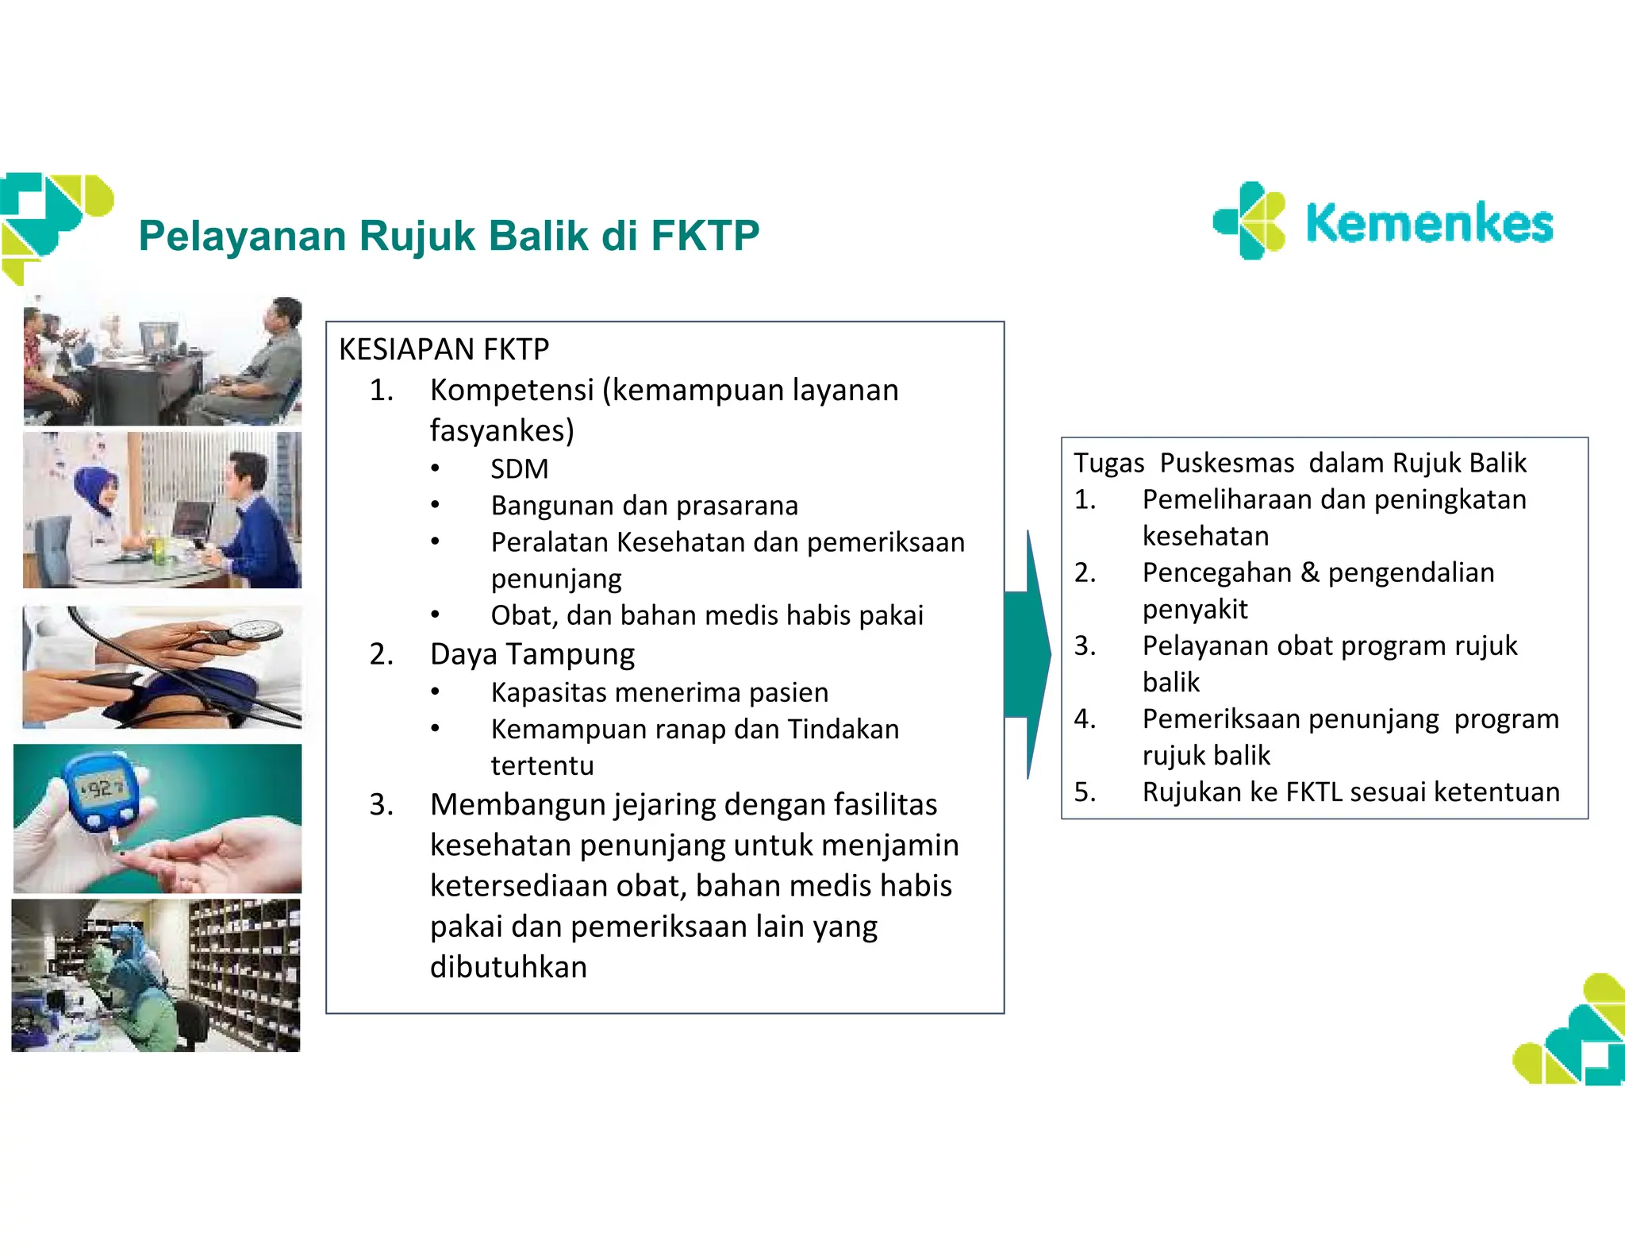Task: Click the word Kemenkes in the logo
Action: [x=1428, y=224]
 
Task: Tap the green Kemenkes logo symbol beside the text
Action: [x=1250, y=221]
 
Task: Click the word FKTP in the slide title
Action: [x=705, y=236]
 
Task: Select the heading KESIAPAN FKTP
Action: [x=444, y=349]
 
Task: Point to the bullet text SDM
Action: [x=519, y=468]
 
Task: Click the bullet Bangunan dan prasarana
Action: [x=644, y=505]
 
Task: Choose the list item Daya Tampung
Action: [x=532, y=654]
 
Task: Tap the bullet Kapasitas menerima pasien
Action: [x=659, y=692]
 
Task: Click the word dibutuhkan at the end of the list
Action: [x=508, y=967]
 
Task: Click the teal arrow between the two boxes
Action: [x=1027, y=654]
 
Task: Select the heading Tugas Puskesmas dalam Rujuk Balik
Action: [x=1299, y=463]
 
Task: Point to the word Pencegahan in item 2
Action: [x=1216, y=572]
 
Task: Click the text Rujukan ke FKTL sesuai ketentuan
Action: [x=1350, y=792]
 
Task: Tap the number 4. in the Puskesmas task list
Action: [x=1085, y=719]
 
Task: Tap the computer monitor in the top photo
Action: [x=159, y=337]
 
